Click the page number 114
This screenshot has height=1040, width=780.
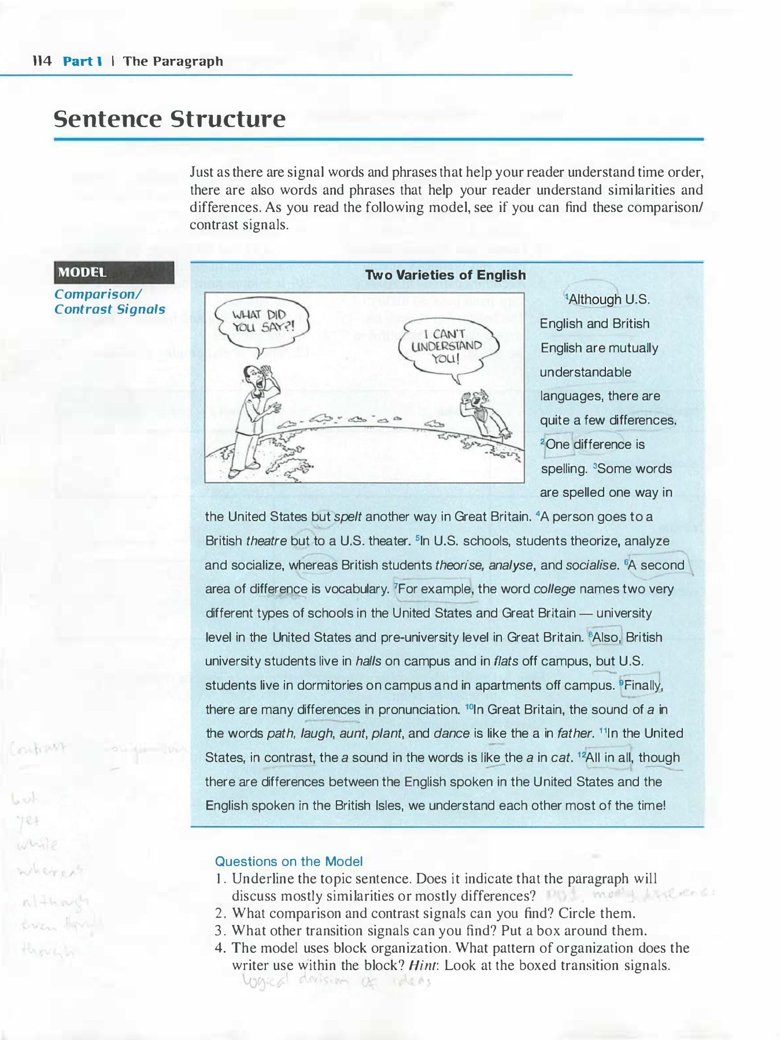point(42,61)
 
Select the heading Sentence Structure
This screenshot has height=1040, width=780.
point(169,119)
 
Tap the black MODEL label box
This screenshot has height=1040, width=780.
point(113,273)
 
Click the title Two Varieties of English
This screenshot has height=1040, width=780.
point(445,275)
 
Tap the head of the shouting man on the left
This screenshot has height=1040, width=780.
point(252,378)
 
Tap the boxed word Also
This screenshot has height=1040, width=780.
point(605,637)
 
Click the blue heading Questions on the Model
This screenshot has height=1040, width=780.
point(289,861)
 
